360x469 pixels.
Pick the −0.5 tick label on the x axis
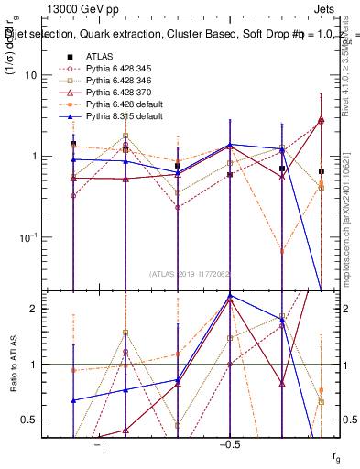pyautogui.click(x=227, y=444)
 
